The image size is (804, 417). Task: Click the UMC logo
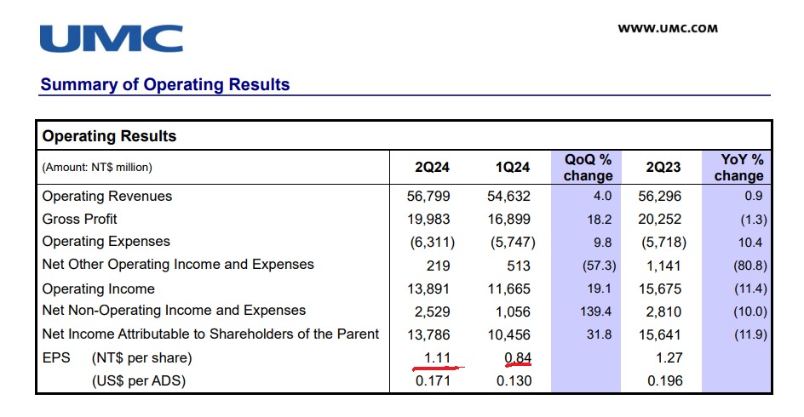click(x=111, y=38)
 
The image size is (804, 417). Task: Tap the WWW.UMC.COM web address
click(x=668, y=28)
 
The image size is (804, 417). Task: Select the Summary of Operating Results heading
click(x=165, y=84)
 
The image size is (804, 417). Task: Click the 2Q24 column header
click(x=433, y=167)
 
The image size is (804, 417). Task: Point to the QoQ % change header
click(x=588, y=167)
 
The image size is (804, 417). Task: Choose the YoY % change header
click(x=738, y=167)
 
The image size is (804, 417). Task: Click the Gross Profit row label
click(x=80, y=219)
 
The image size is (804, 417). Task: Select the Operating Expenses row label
click(x=106, y=242)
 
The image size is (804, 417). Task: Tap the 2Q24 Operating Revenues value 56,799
click(x=429, y=197)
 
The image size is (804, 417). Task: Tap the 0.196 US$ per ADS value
click(x=665, y=380)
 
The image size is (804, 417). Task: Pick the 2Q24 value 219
click(x=439, y=266)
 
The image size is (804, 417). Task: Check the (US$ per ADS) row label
click(x=138, y=380)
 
